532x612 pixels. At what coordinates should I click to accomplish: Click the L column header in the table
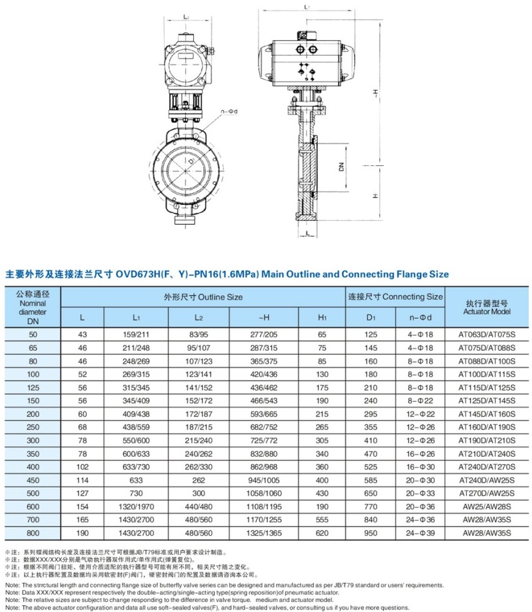pyautogui.click(x=82, y=317)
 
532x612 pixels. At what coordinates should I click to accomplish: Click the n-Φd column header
pyautogui.click(x=420, y=317)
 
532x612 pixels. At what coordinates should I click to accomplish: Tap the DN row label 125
pyautogui.click(x=33, y=385)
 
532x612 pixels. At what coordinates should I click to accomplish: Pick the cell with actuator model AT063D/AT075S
pyautogui.click(x=487, y=334)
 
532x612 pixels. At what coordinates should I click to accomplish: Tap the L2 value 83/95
pyautogui.click(x=198, y=334)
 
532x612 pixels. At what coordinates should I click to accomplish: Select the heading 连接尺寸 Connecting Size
pyautogui.click(x=395, y=297)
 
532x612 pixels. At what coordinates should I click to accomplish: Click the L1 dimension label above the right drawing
pyautogui.click(x=308, y=7)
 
